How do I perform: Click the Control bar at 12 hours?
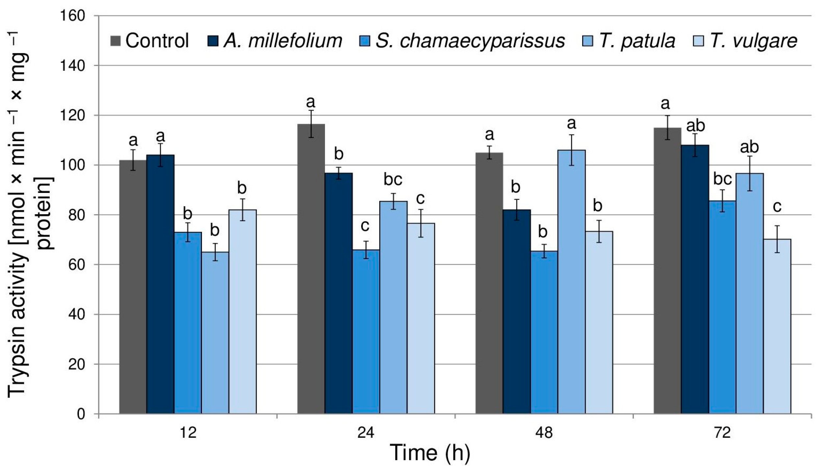coord(133,286)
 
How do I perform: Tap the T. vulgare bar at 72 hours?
coord(777,326)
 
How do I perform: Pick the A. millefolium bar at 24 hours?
coord(338,293)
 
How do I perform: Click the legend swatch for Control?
coord(115,41)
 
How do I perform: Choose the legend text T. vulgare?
coord(754,41)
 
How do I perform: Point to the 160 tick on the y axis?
coord(72,16)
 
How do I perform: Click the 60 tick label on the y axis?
coord(76,265)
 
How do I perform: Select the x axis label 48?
coord(544,432)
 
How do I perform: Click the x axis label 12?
coord(188,432)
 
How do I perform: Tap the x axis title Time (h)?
coord(430,453)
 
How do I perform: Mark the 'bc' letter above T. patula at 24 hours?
coord(393,180)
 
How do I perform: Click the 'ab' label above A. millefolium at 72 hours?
coord(695,126)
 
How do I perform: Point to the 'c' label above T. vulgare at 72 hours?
coord(777,207)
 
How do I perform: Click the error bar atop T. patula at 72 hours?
coord(750,173)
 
